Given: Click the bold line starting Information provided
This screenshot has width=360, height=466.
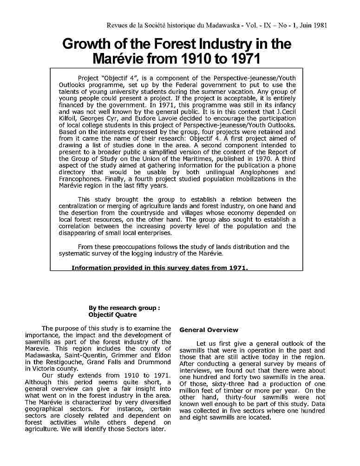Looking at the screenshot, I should pos(160,268).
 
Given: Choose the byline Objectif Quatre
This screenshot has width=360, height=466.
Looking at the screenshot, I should pos(112,315).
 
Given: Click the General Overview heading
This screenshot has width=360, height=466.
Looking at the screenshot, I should pos(209,330).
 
